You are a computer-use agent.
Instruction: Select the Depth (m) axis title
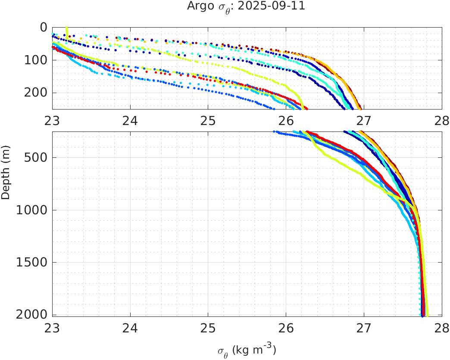click(x=6, y=172)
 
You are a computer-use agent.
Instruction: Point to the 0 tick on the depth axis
click(x=44, y=27)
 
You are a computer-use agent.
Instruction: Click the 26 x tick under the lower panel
click(x=286, y=327)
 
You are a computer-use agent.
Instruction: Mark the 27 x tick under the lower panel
click(x=364, y=327)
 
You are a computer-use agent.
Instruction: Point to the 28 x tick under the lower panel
click(x=441, y=327)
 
